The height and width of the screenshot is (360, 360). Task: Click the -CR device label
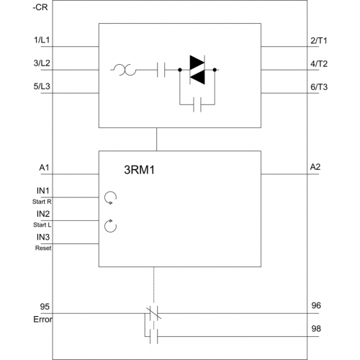(40, 7)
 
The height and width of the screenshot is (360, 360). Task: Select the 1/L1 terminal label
(42, 40)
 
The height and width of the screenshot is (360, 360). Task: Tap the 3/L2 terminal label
(42, 63)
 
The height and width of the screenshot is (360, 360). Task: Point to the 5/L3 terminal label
(42, 86)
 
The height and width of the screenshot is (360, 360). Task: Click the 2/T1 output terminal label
(319, 40)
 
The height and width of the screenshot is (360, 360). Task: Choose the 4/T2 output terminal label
(319, 64)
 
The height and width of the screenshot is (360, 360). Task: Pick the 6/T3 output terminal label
(319, 87)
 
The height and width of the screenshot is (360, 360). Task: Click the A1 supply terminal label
(44, 167)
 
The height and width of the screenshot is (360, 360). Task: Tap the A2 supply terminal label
(315, 167)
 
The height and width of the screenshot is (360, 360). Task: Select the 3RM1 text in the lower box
(140, 170)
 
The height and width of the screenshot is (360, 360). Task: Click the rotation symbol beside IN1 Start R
(110, 198)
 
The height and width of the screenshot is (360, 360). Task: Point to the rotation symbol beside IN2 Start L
(110, 226)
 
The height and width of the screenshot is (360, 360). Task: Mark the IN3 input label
(43, 237)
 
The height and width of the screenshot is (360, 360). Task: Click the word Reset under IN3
(43, 248)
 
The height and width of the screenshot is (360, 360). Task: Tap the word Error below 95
(42, 320)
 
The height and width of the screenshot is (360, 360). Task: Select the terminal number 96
(316, 305)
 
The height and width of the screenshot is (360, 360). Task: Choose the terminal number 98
(316, 328)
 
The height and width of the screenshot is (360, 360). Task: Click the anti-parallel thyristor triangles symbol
(197, 70)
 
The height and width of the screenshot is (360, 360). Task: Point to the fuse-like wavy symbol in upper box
(124, 70)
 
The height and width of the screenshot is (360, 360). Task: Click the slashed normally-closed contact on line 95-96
(154, 313)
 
